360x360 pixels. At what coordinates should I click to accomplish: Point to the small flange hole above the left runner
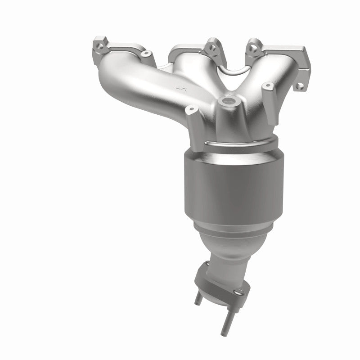(145, 53)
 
